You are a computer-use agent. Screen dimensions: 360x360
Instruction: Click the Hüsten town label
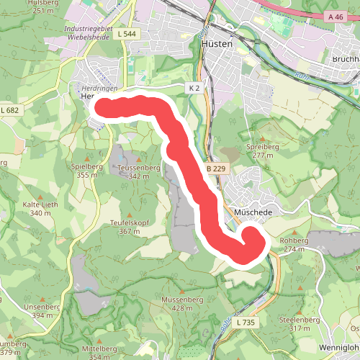[x=217, y=44]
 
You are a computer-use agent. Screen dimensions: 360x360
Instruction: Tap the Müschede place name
[x=251, y=213]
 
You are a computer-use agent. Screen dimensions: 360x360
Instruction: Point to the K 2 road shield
[x=193, y=88]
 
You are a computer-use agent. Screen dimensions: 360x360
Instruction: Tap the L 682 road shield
[x=11, y=109]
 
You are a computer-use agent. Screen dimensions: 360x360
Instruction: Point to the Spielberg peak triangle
[x=87, y=158]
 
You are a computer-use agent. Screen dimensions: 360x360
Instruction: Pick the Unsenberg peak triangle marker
[x=42, y=298]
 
